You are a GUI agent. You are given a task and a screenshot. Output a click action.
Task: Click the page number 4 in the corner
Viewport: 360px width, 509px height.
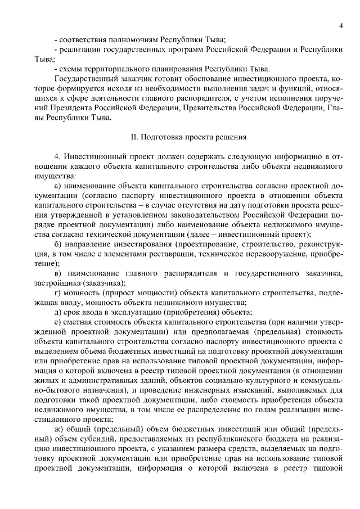coord(341,26)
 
